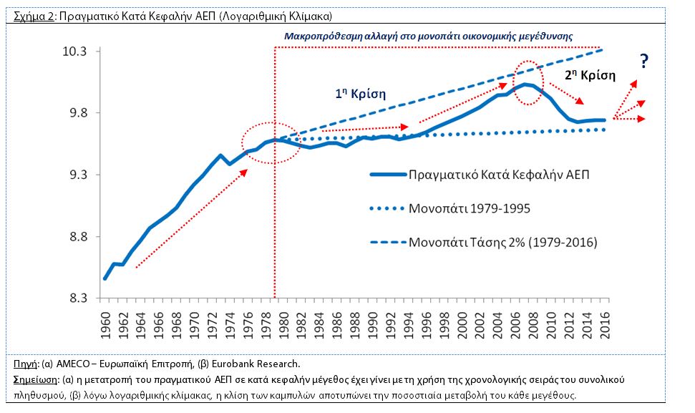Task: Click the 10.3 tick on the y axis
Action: [x=74, y=52]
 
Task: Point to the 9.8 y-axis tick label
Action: [x=77, y=113]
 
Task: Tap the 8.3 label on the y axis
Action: [x=77, y=298]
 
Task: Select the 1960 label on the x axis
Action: [x=105, y=326]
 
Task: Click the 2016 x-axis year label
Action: [x=605, y=326]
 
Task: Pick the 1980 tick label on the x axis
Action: [x=284, y=326]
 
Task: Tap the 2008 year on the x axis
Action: [x=534, y=326]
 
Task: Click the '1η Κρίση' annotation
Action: [x=360, y=94]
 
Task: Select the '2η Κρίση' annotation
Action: [x=590, y=75]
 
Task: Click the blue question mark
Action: [x=644, y=61]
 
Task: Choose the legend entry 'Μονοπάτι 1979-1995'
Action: [x=450, y=208]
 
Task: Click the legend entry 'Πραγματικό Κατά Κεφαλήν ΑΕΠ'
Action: [x=480, y=175]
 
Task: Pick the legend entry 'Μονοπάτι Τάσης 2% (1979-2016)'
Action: [x=484, y=243]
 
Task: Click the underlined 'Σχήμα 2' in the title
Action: [x=34, y=16]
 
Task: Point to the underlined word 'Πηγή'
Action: [x=26, y=364]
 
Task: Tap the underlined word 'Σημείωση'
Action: [x=35, y=380]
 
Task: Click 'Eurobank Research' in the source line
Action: [x=255, y=364]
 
